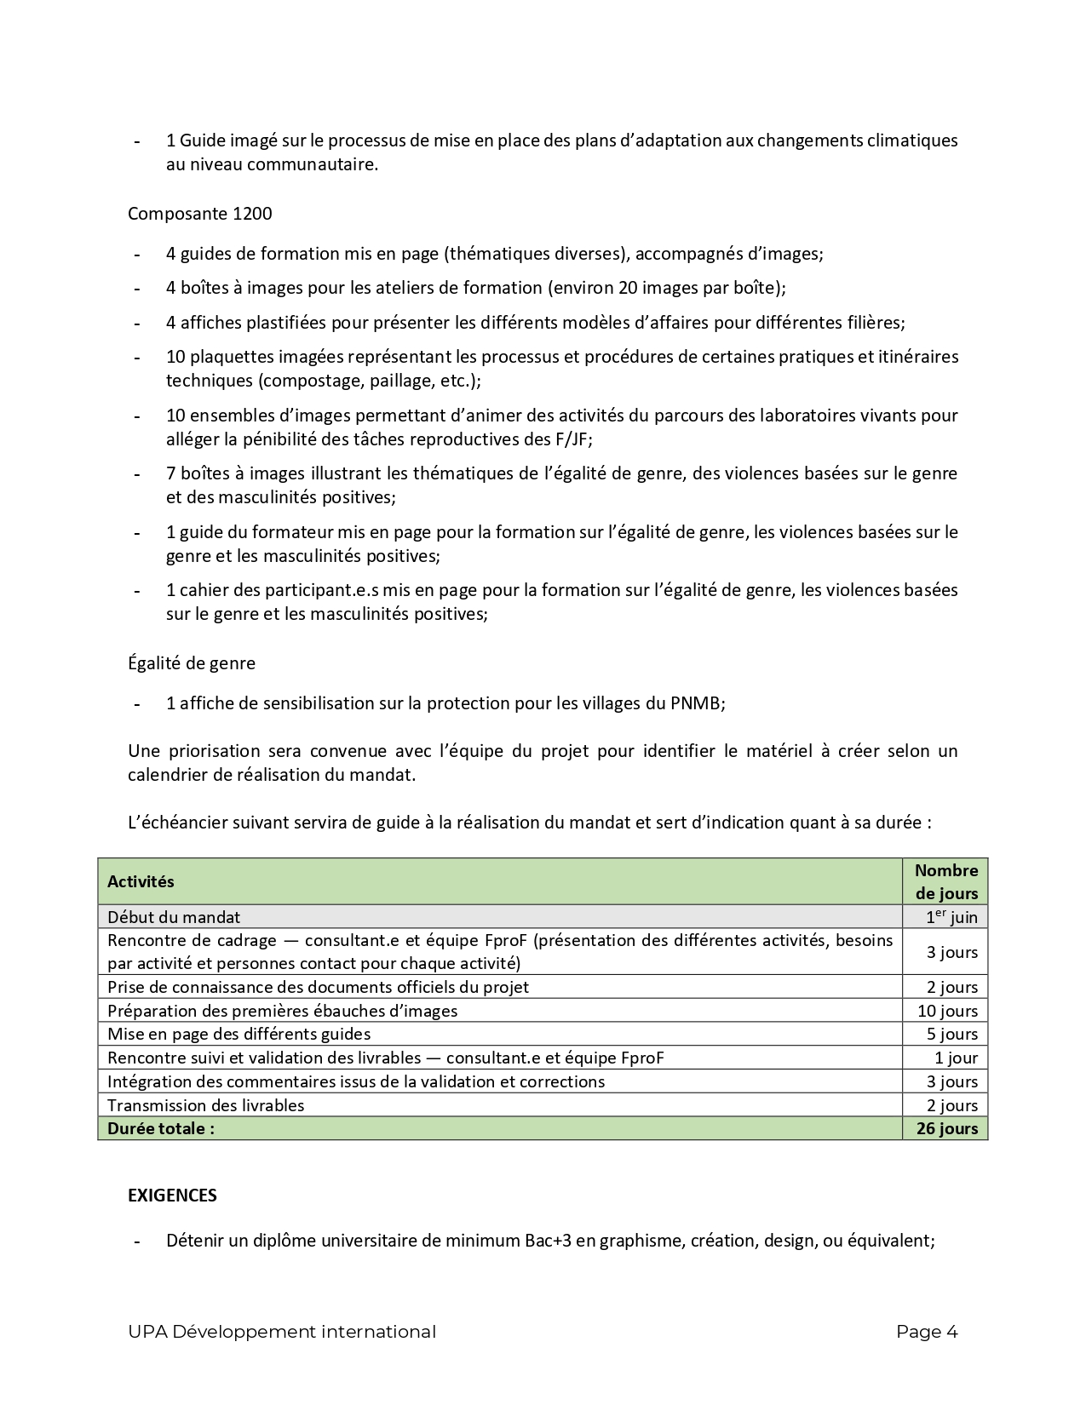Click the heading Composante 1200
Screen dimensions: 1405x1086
pyautogui.click(x=200, y=214)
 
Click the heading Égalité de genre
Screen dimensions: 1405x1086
pyautogui.click(x=192, y=662)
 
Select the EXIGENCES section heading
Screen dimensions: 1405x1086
pyautogui.click(x=172, y=1196)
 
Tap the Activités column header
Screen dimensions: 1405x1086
pyautogui.click(x=141, y=881)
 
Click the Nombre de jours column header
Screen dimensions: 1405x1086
pyautogui.click(x=945, y=881)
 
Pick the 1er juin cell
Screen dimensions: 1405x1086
pyautogui.click(x=951, y=917)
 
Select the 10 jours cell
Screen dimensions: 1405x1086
pyautogui.click(x=947, y=1011)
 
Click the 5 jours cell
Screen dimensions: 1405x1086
pyautogui.click(x=952, y=1034)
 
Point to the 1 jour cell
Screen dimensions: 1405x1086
pyautogui.click(x=956, y=1058)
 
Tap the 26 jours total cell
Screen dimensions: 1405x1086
pyautogui.click(x=946, y=1129)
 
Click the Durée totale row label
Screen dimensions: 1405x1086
pyautogui.click(x=161, y=1129)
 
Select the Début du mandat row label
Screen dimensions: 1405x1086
pyautogui.click(x=174, y=917)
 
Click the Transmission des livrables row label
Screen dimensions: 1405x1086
pyautogui.click(x=205, y=1105)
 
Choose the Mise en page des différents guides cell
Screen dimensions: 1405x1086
pyautogui.click(x=238, y=1034)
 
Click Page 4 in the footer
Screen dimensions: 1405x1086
pyautogui.click(x=927, y=1332)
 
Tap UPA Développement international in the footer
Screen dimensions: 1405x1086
pyautogui.click(x=282, y=1332)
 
